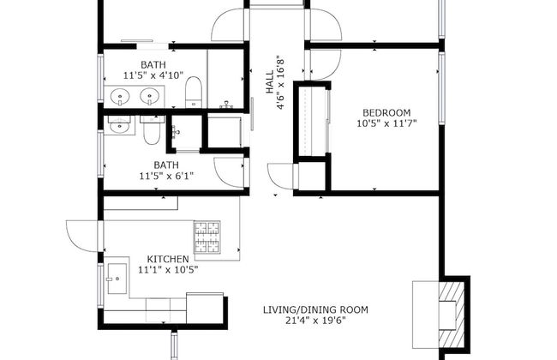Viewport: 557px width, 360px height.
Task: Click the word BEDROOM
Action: pyautogui.click(x=386, y=112)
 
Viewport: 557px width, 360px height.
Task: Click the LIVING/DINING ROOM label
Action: pyautogui.click(x=316, y=309)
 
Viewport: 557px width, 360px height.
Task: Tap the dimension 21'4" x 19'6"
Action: pyautogui.click(x=316, y=321)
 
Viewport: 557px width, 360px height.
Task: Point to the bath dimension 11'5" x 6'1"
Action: pyautogui.click(x=166, y=177)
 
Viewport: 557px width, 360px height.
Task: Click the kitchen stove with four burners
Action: pyautogui.click(x=207, y=240)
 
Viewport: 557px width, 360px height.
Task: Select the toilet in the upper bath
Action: pyautogui.click(x=194, y=90)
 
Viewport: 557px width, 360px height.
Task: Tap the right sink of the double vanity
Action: pyautogui.click(x=151, y=94)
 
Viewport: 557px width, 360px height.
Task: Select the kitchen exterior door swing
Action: pyautogui.click(x=83, y=233)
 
